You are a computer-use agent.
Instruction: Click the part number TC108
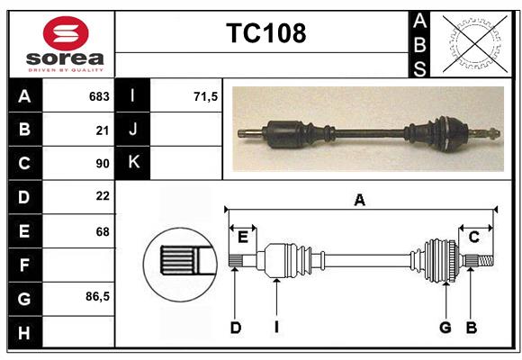[x=265, y=33]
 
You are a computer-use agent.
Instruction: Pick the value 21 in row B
[x=103, y=130]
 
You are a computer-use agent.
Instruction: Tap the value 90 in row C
[x=103, y=164]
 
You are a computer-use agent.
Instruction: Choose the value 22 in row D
[x=103, y=197]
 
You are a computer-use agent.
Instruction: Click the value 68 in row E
[x=103, y=231]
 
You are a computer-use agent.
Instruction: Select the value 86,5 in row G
[x=98, y=296]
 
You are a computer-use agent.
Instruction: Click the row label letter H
[x=24, y=333]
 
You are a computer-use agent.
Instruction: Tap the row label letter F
[x=24, y=265]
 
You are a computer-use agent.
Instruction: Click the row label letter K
[x=133, y=163]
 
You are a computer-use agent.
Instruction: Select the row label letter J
[x=133, y=130]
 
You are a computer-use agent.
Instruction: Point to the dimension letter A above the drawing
[x=360, y=201]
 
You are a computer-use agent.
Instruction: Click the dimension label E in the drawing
[x=243, y=237]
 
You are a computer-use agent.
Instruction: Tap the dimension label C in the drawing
[x=473, y=237]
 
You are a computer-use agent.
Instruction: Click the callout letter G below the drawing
[x=445, y=328]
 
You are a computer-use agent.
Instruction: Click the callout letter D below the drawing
[x=236, y=328]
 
